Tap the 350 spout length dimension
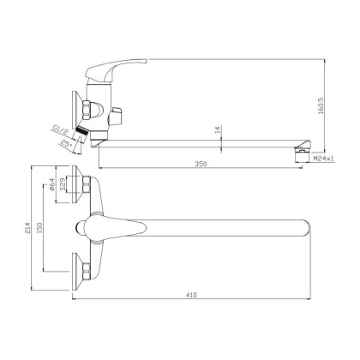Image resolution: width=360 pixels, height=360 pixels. pos(201,164)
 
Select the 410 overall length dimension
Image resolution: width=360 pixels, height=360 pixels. pos(191,295)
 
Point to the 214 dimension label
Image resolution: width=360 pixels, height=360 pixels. pos(27,228)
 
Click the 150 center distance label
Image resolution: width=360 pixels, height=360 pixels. pos(39,228)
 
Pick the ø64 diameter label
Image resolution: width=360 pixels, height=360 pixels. pos(51,184)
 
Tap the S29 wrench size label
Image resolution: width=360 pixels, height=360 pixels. pos(63,185)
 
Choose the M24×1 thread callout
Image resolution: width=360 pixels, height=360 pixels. pos(323,159)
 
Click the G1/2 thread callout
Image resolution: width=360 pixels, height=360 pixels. pos(60,130)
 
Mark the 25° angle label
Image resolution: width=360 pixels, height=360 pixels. pos(66,144)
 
